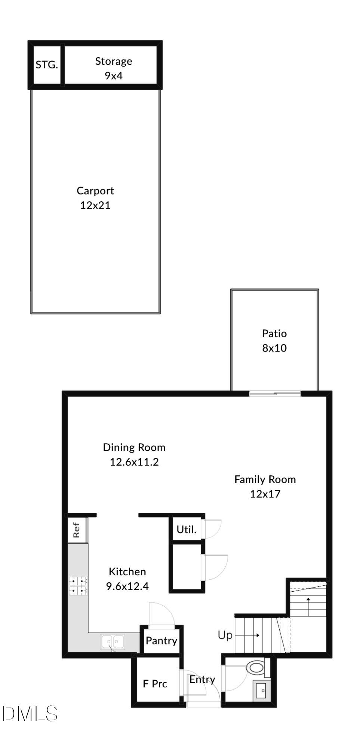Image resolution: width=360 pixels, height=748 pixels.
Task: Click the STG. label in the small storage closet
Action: [x=47, y=65]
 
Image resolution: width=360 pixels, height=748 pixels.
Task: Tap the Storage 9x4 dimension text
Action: [x=114, y=76]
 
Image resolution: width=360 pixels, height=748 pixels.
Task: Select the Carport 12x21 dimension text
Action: [x=95, y=205]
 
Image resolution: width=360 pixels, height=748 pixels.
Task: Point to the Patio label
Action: [x=274, y=333]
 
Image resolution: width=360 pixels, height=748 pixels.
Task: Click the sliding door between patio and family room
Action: [x=275, y=393]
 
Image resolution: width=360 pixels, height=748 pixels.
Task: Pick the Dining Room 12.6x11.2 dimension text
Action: [x=134, y=462]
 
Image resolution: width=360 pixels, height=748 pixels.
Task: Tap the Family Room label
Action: [x=265, y=479]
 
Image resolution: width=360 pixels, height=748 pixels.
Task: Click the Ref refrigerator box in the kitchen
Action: [x=77, y=530]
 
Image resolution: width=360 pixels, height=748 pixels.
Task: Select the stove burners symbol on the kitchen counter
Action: [x=78, y=586]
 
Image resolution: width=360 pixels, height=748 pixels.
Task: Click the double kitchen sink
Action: [x=113, y=642]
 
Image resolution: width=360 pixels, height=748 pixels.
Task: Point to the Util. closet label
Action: [x=187, y=530]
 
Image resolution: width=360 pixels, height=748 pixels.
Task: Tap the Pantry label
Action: [x=161, y=641]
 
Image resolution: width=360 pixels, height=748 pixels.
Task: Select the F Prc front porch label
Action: [x=155, y=684]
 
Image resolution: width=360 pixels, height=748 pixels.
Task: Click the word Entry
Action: [x=202, y=679]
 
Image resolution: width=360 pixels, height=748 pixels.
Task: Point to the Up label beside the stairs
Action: [x=225, y=635]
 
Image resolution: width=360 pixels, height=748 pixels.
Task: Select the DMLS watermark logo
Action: [x=30, y=714]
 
